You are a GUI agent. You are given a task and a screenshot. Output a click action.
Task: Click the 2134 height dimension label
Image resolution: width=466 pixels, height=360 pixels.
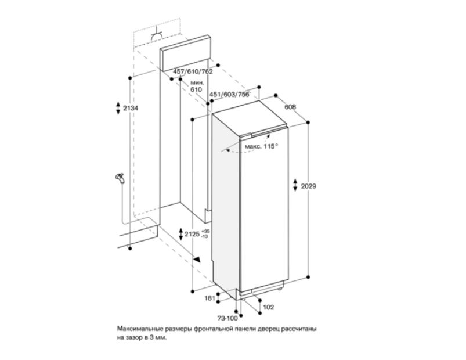[131, 108]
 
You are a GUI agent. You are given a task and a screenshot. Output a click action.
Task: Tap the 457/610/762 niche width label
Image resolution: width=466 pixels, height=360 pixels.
[193, 71]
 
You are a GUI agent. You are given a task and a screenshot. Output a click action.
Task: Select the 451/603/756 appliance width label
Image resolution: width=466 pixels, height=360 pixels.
[229, 95]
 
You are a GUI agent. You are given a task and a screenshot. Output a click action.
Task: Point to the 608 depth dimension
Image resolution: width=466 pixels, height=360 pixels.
[290, 107]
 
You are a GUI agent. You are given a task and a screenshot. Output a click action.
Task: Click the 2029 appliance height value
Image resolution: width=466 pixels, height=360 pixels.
[309, 186]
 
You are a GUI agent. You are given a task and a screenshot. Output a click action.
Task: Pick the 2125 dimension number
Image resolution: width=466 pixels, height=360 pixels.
[192, 234]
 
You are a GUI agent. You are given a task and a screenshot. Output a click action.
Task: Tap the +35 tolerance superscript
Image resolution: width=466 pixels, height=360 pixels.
[205, 231]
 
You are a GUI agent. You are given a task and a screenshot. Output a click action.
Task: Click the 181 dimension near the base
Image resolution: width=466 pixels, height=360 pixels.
[209, 298]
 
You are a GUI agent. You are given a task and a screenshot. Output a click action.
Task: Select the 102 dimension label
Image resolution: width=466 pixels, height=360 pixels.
[268, 307]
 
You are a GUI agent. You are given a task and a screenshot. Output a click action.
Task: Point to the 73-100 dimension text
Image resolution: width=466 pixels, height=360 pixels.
[227, 318]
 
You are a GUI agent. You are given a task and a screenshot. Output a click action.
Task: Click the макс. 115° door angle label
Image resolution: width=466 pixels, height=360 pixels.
[261, 146]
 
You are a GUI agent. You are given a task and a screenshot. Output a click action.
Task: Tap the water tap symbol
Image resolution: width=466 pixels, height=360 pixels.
[120, 179]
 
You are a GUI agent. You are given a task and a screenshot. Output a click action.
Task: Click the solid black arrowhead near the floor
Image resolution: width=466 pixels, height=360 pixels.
[197, 259]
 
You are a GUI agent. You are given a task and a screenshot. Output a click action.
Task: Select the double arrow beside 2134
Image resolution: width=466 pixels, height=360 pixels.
[118, 108]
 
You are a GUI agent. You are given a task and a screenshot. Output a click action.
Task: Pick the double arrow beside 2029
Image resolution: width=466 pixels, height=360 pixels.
[295, 185]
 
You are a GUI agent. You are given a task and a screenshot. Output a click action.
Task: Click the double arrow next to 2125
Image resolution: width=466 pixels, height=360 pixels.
[180, 234]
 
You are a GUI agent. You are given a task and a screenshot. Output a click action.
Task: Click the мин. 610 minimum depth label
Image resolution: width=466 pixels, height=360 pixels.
[197, 86]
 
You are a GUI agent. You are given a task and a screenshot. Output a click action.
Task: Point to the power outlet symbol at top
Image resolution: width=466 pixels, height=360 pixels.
[157, 35]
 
